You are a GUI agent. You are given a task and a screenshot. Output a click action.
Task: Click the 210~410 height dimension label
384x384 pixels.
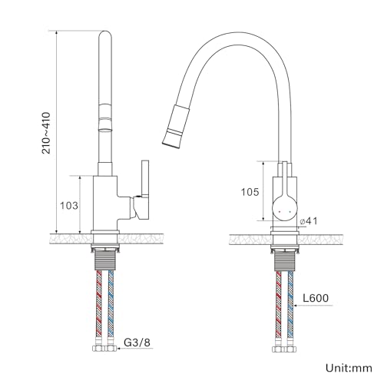click(x=47, y=133)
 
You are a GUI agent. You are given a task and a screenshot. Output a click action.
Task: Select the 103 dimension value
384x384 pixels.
click(x=69, y=205)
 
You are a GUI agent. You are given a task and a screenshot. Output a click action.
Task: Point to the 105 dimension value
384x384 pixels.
click(x=250, y=192)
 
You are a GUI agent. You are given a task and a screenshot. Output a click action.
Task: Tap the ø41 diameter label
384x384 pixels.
click(x=308, y=221)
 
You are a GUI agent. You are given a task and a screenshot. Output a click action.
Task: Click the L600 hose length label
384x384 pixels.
click(x=316, y=298)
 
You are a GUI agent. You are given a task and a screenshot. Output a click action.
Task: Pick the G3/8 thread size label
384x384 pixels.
click(x=137, y=343)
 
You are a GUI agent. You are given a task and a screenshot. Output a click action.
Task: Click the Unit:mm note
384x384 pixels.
click(x=349, y=368)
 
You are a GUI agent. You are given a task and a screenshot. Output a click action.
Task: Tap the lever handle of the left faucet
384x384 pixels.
click(x=142, y=190)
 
